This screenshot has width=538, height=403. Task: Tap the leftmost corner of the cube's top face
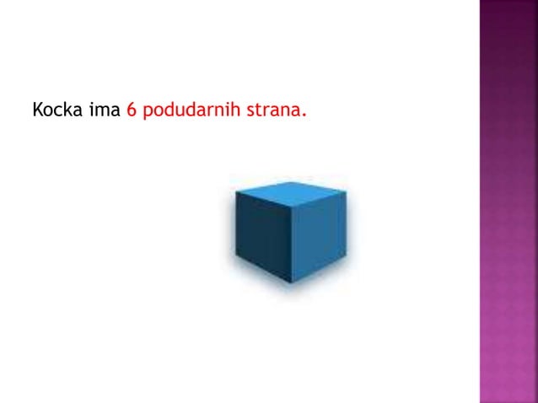point(235,191)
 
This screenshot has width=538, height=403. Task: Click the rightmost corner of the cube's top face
point(346,183)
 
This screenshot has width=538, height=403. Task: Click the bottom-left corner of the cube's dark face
point(237,262)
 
